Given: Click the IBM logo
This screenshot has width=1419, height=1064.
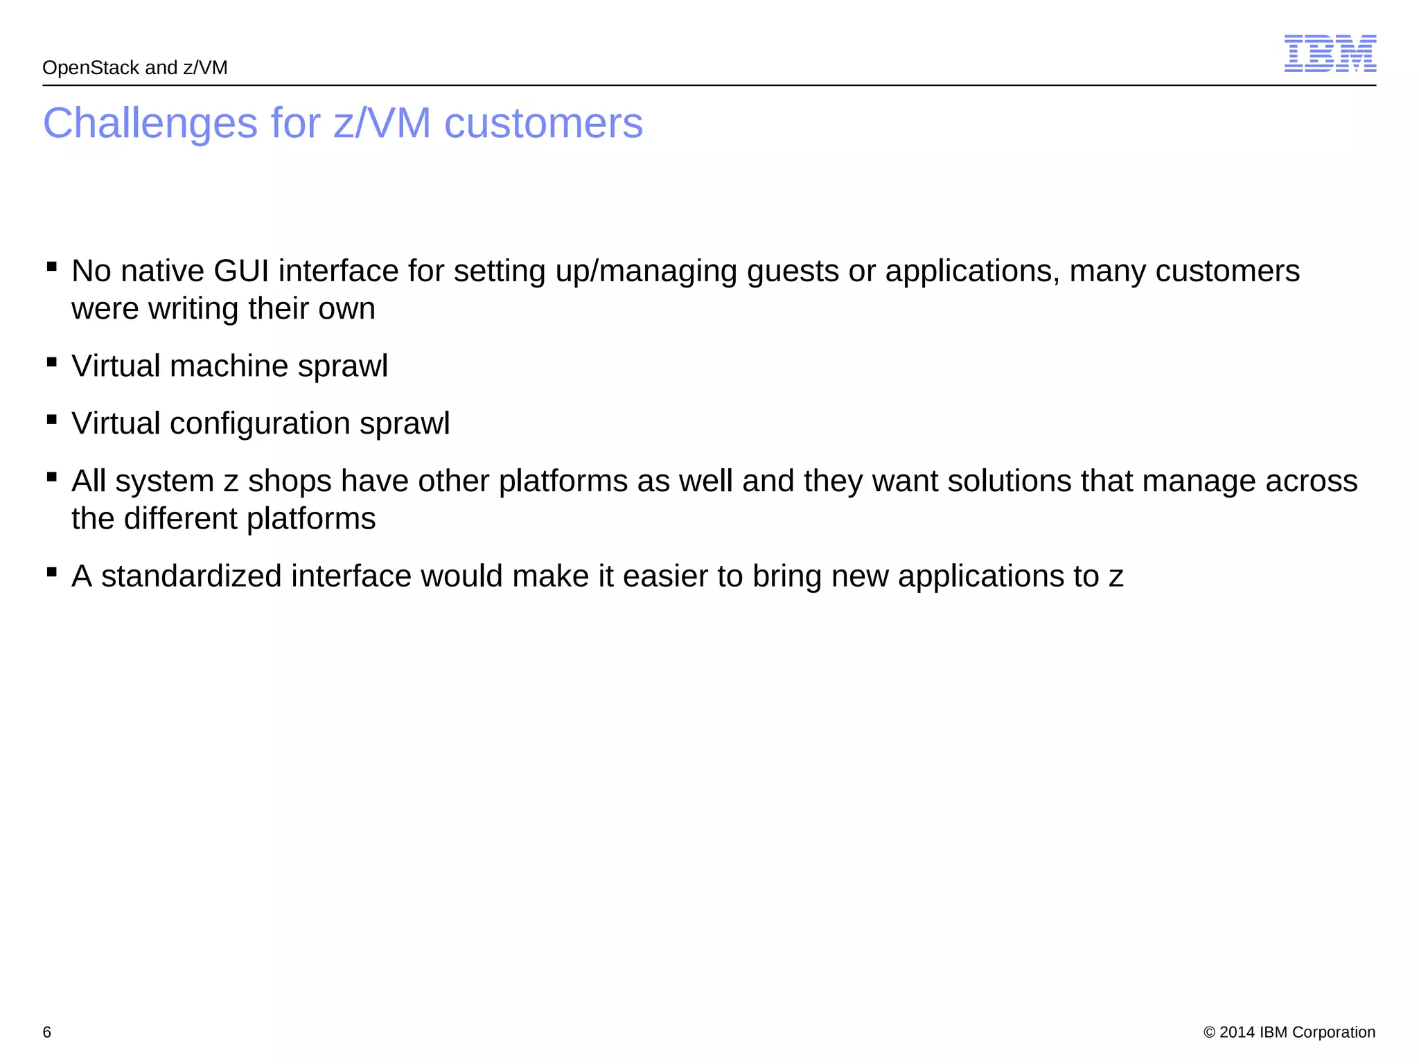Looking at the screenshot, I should (1330, 53).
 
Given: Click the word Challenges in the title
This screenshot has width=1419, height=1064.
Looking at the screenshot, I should (150, 123).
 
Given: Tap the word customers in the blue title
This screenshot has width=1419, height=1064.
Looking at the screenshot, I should (543, 123).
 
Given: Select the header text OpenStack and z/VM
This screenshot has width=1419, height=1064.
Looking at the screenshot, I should (135, 68).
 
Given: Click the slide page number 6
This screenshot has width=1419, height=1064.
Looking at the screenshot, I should (47, 1032).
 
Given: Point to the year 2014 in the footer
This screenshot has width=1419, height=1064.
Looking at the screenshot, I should (1237, 1032).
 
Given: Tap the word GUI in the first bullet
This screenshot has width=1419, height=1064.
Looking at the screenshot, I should (241, 271).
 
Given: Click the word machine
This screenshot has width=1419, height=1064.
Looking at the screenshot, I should (229, 366).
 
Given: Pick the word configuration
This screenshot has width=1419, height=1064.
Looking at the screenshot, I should (260, 423).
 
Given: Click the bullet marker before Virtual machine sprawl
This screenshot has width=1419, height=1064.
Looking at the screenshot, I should (52, 361).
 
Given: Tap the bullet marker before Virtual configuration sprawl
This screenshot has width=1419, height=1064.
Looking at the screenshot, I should (52, 418).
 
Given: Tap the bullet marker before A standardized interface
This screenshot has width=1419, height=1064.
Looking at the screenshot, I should (52, 571).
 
